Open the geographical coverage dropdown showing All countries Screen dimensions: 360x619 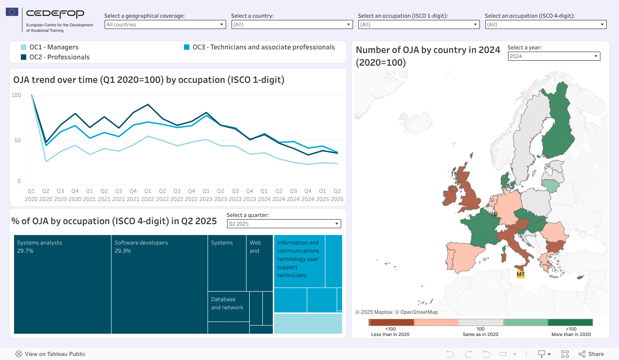tap(165, 24)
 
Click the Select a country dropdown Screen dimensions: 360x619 tap(292, 24)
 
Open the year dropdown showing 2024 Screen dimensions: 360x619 tap(554, 56)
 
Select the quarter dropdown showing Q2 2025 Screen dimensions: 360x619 tap(284, 224)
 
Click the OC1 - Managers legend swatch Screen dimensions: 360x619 tap(24, 47)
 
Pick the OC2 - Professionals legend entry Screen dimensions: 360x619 tap(59, 57)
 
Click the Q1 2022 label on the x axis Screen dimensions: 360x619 tap(147, 195)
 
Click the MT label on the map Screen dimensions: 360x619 tap(520, 274)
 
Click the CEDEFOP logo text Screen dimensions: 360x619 tap(55, 14)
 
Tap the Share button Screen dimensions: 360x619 tap(591, 354)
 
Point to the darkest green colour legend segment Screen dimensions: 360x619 tap(570, 322)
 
